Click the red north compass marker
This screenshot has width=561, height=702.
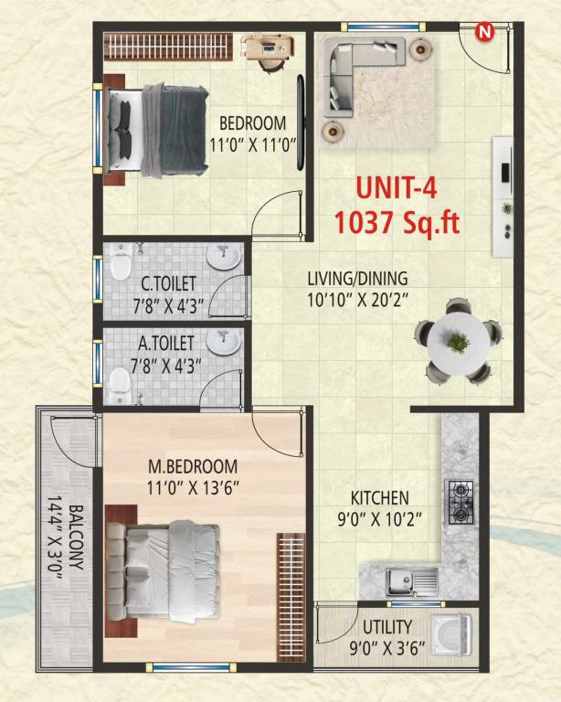click(484, 33)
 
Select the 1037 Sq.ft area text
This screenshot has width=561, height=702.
click(396, 222)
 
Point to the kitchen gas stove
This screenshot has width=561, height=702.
click(458, 502)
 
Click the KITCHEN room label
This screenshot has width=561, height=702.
click(380, 498)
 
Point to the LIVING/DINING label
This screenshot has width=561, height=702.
click(357, 278)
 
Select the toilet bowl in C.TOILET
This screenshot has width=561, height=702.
click(119, 266)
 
